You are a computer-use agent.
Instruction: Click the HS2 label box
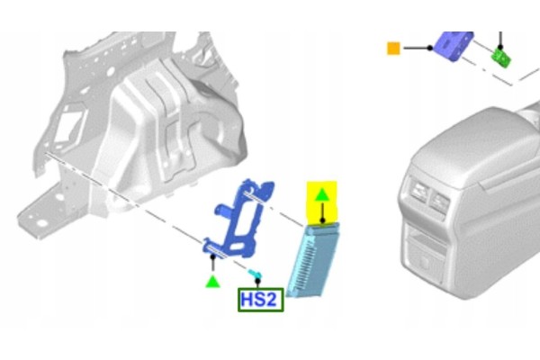(x=261, y=300)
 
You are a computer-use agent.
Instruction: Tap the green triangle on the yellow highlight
(x=322, y=195)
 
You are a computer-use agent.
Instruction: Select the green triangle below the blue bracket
(x=212, y=281)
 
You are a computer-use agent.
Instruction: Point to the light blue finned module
(x=312, y=260)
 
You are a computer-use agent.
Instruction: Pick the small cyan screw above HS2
(x=255, y=274)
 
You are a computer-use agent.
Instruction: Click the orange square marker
(x=393, y=49)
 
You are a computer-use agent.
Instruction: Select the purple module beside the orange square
(x=453, y=45)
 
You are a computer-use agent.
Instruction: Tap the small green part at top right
(x=501, y=58)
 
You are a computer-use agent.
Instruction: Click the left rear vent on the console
(x=419, y=192)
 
